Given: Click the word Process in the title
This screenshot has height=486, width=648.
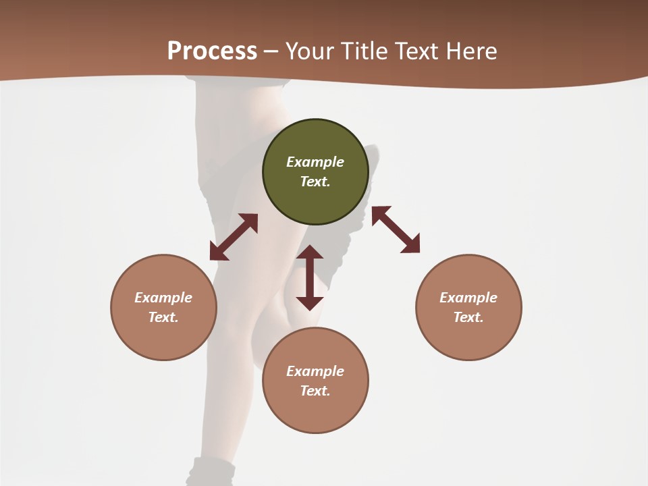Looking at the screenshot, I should click(x=212, y=51).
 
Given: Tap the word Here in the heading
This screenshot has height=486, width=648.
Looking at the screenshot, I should click(x=471, y=51).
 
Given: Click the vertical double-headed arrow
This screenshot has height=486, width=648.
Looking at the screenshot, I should click(x=310, y=277).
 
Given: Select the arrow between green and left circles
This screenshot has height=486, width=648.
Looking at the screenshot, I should click(x=234, y=237).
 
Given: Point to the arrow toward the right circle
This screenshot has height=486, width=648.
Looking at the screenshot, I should click(x=396, y=230).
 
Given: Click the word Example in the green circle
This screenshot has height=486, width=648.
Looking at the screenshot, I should click(x=315, y=162).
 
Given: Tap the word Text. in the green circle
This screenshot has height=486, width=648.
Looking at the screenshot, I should click(x=315, y=182).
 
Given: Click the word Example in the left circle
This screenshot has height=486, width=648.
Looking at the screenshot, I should click(x=163, y=298).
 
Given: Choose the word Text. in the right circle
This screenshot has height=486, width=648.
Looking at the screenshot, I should click(x=468, y=317).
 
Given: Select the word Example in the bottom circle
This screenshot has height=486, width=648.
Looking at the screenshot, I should click(x=315, y=371).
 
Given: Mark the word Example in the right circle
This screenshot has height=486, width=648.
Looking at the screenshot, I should click(x=468, y=298).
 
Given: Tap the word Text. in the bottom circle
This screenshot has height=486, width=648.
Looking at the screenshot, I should click(x=315, y=391).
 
